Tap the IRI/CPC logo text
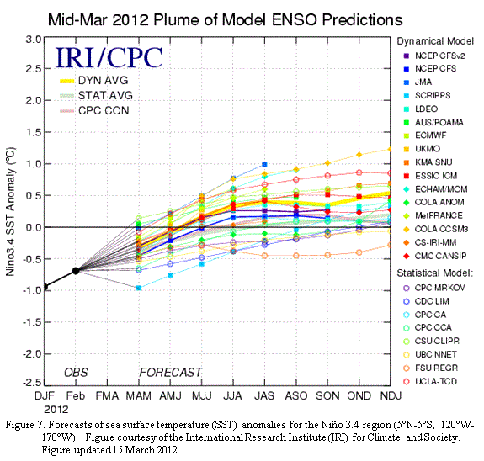tap(109, 57)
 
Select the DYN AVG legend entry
tap(93, 81)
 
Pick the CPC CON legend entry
tap(94, 110)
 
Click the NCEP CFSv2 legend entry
tap(434, 56)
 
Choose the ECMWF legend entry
tap(425, 135)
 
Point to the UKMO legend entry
tap(422, 149)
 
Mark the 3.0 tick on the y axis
tap(34, 40)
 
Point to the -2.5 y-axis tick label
tap(32, 383)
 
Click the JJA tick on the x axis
tap(233, 396)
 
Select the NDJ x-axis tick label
tap(391, 396)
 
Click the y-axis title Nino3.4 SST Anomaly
tap(10, 211)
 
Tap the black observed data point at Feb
tap(76, 271)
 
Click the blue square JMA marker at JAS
tap(264, 164)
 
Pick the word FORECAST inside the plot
tap(171, 372)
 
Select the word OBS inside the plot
tap(76, 372)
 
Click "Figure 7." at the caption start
tap(26, 425)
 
